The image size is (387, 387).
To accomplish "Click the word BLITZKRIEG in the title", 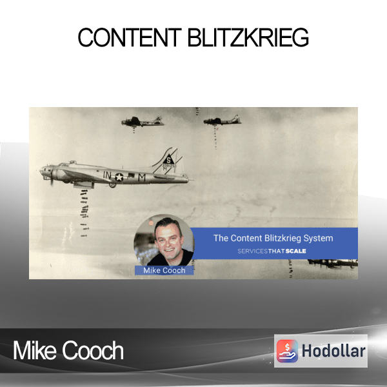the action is pyautogui.click(x=248, y=37).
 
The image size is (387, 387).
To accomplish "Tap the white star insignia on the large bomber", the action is pyautogui.click(x=119, y=177).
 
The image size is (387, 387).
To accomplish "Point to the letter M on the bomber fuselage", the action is pyautogui.click(x=142, y=177).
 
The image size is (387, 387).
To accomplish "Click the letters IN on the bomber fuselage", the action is pyautogui.click(x=107, y=175).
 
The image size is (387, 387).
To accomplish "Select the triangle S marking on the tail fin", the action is pyautogui.click(x=168, y=159).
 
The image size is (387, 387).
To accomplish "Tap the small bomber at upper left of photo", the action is pyautogui.click(x=143, y=121).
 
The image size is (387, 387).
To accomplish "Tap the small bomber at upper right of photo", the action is pyautogui.click(x=222, y=121).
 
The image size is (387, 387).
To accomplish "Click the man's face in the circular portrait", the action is pyautogui.click(x=168, y=240).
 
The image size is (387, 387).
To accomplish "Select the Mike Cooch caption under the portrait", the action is pyautogui.click(x=164, y=270).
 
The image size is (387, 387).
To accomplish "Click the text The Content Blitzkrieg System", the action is pyautogui.click(x=273, y=238).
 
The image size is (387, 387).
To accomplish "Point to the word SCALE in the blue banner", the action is pyautogui.click(x=295, y=251).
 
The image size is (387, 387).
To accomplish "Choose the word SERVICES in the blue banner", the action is pyautogui.click(x=252, y=252).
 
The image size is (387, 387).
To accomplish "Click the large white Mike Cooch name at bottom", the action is pyautogui.click(x=68, y=350).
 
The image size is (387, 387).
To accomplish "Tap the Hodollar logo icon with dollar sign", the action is pyautogui.click(x=287, y=351).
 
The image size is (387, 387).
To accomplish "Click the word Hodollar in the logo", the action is pyautogui.click(x=333, y=351).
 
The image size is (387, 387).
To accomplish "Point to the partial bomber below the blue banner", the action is pyautogui.click(x=332, y=263).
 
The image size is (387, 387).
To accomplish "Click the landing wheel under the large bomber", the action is pyautogui.click(x=112, y=184).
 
